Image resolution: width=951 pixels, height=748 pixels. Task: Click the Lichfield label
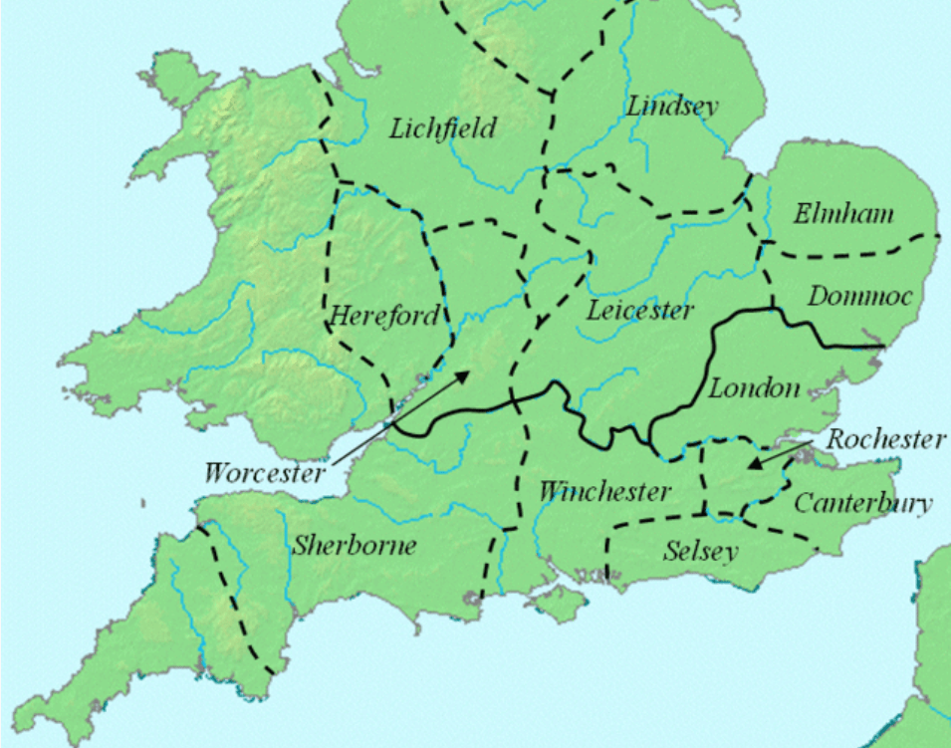(442, 128)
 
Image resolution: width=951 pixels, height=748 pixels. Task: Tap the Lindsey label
(672, 107)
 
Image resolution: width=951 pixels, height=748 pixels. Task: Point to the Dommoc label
(858, 296)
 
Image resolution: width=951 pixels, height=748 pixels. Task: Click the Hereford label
(383, 317)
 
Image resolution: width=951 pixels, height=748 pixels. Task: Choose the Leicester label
(639, 311)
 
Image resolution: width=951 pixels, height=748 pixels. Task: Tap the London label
(754, 388)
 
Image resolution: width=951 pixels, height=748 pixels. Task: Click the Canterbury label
(862, 503)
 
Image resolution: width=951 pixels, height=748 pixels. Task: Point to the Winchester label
(603, 492)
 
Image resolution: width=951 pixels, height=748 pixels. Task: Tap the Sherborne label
(354, 546)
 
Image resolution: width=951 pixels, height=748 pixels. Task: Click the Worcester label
(264, 471)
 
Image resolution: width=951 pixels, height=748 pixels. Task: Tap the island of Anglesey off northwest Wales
(168, 73)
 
